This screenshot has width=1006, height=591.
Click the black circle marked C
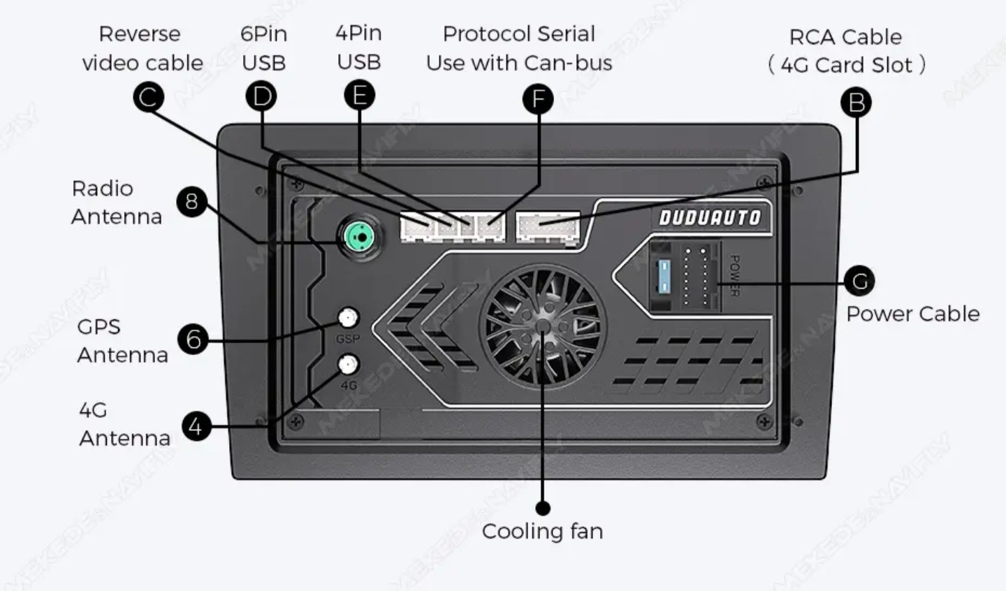coord(148,97)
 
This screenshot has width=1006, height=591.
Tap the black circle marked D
coord(261,96)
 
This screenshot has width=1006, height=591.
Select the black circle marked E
coord(360,94)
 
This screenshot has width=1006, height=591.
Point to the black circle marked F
coord(538,99)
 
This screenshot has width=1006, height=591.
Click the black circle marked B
coord(856,103)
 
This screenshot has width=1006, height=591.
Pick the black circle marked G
coord(859,282)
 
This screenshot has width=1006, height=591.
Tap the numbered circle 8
coord(191,202)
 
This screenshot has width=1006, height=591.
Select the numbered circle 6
coord(193,340)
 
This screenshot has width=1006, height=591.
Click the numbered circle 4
coord(196,426)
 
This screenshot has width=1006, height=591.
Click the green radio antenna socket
coord(360,238)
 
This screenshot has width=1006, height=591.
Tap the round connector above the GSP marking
coord(348,319)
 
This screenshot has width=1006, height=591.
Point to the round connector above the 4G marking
coord(348,364)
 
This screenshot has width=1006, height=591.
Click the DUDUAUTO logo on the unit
coord(710,218)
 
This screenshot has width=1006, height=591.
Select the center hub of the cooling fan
coord(543,326)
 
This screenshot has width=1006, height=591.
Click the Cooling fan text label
coord(542,531)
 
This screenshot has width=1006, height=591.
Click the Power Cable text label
coord(912,314)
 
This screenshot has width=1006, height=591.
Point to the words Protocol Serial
coord(519,34)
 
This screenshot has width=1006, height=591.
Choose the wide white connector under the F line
coord(548,226)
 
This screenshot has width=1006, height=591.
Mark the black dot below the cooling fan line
coord(543,508)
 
